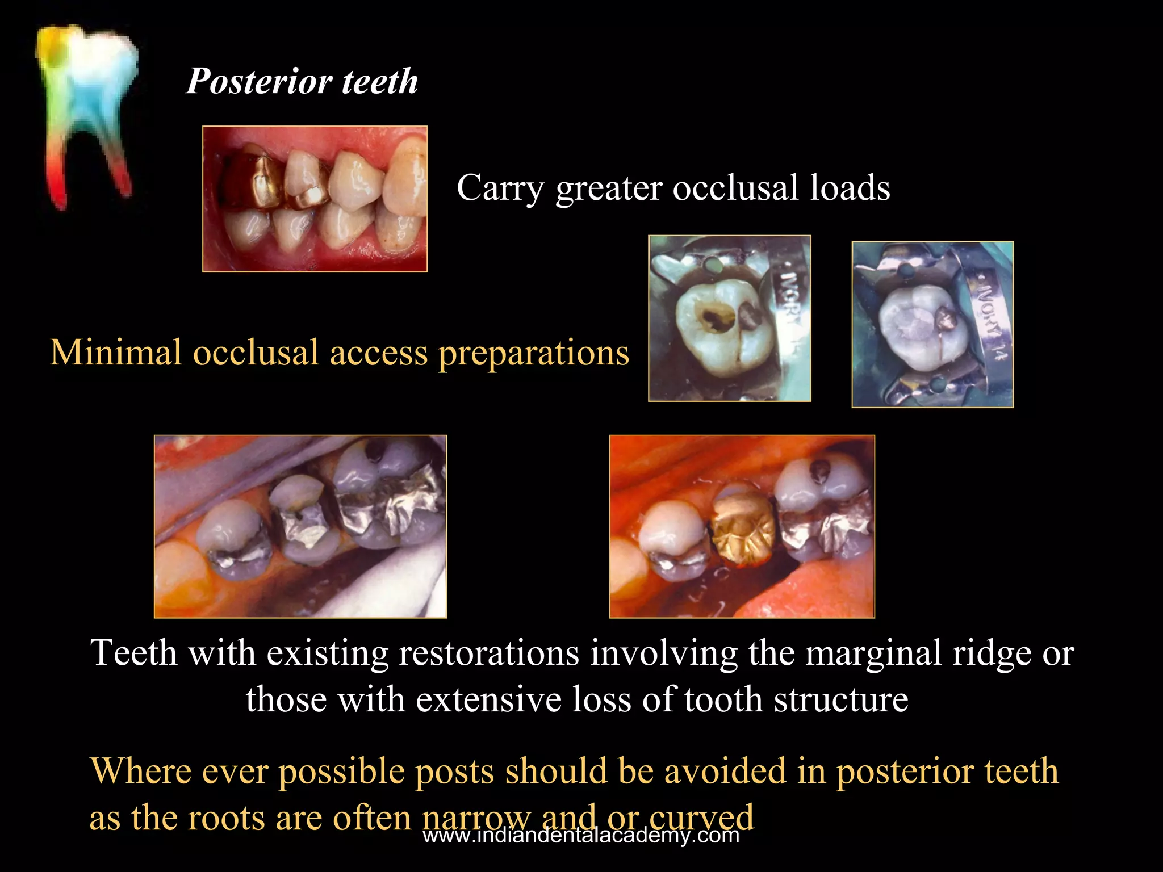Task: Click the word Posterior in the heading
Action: tap(259, 81)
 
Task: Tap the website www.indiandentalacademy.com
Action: tap(581, 835)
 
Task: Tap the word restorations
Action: tap(489, 653)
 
